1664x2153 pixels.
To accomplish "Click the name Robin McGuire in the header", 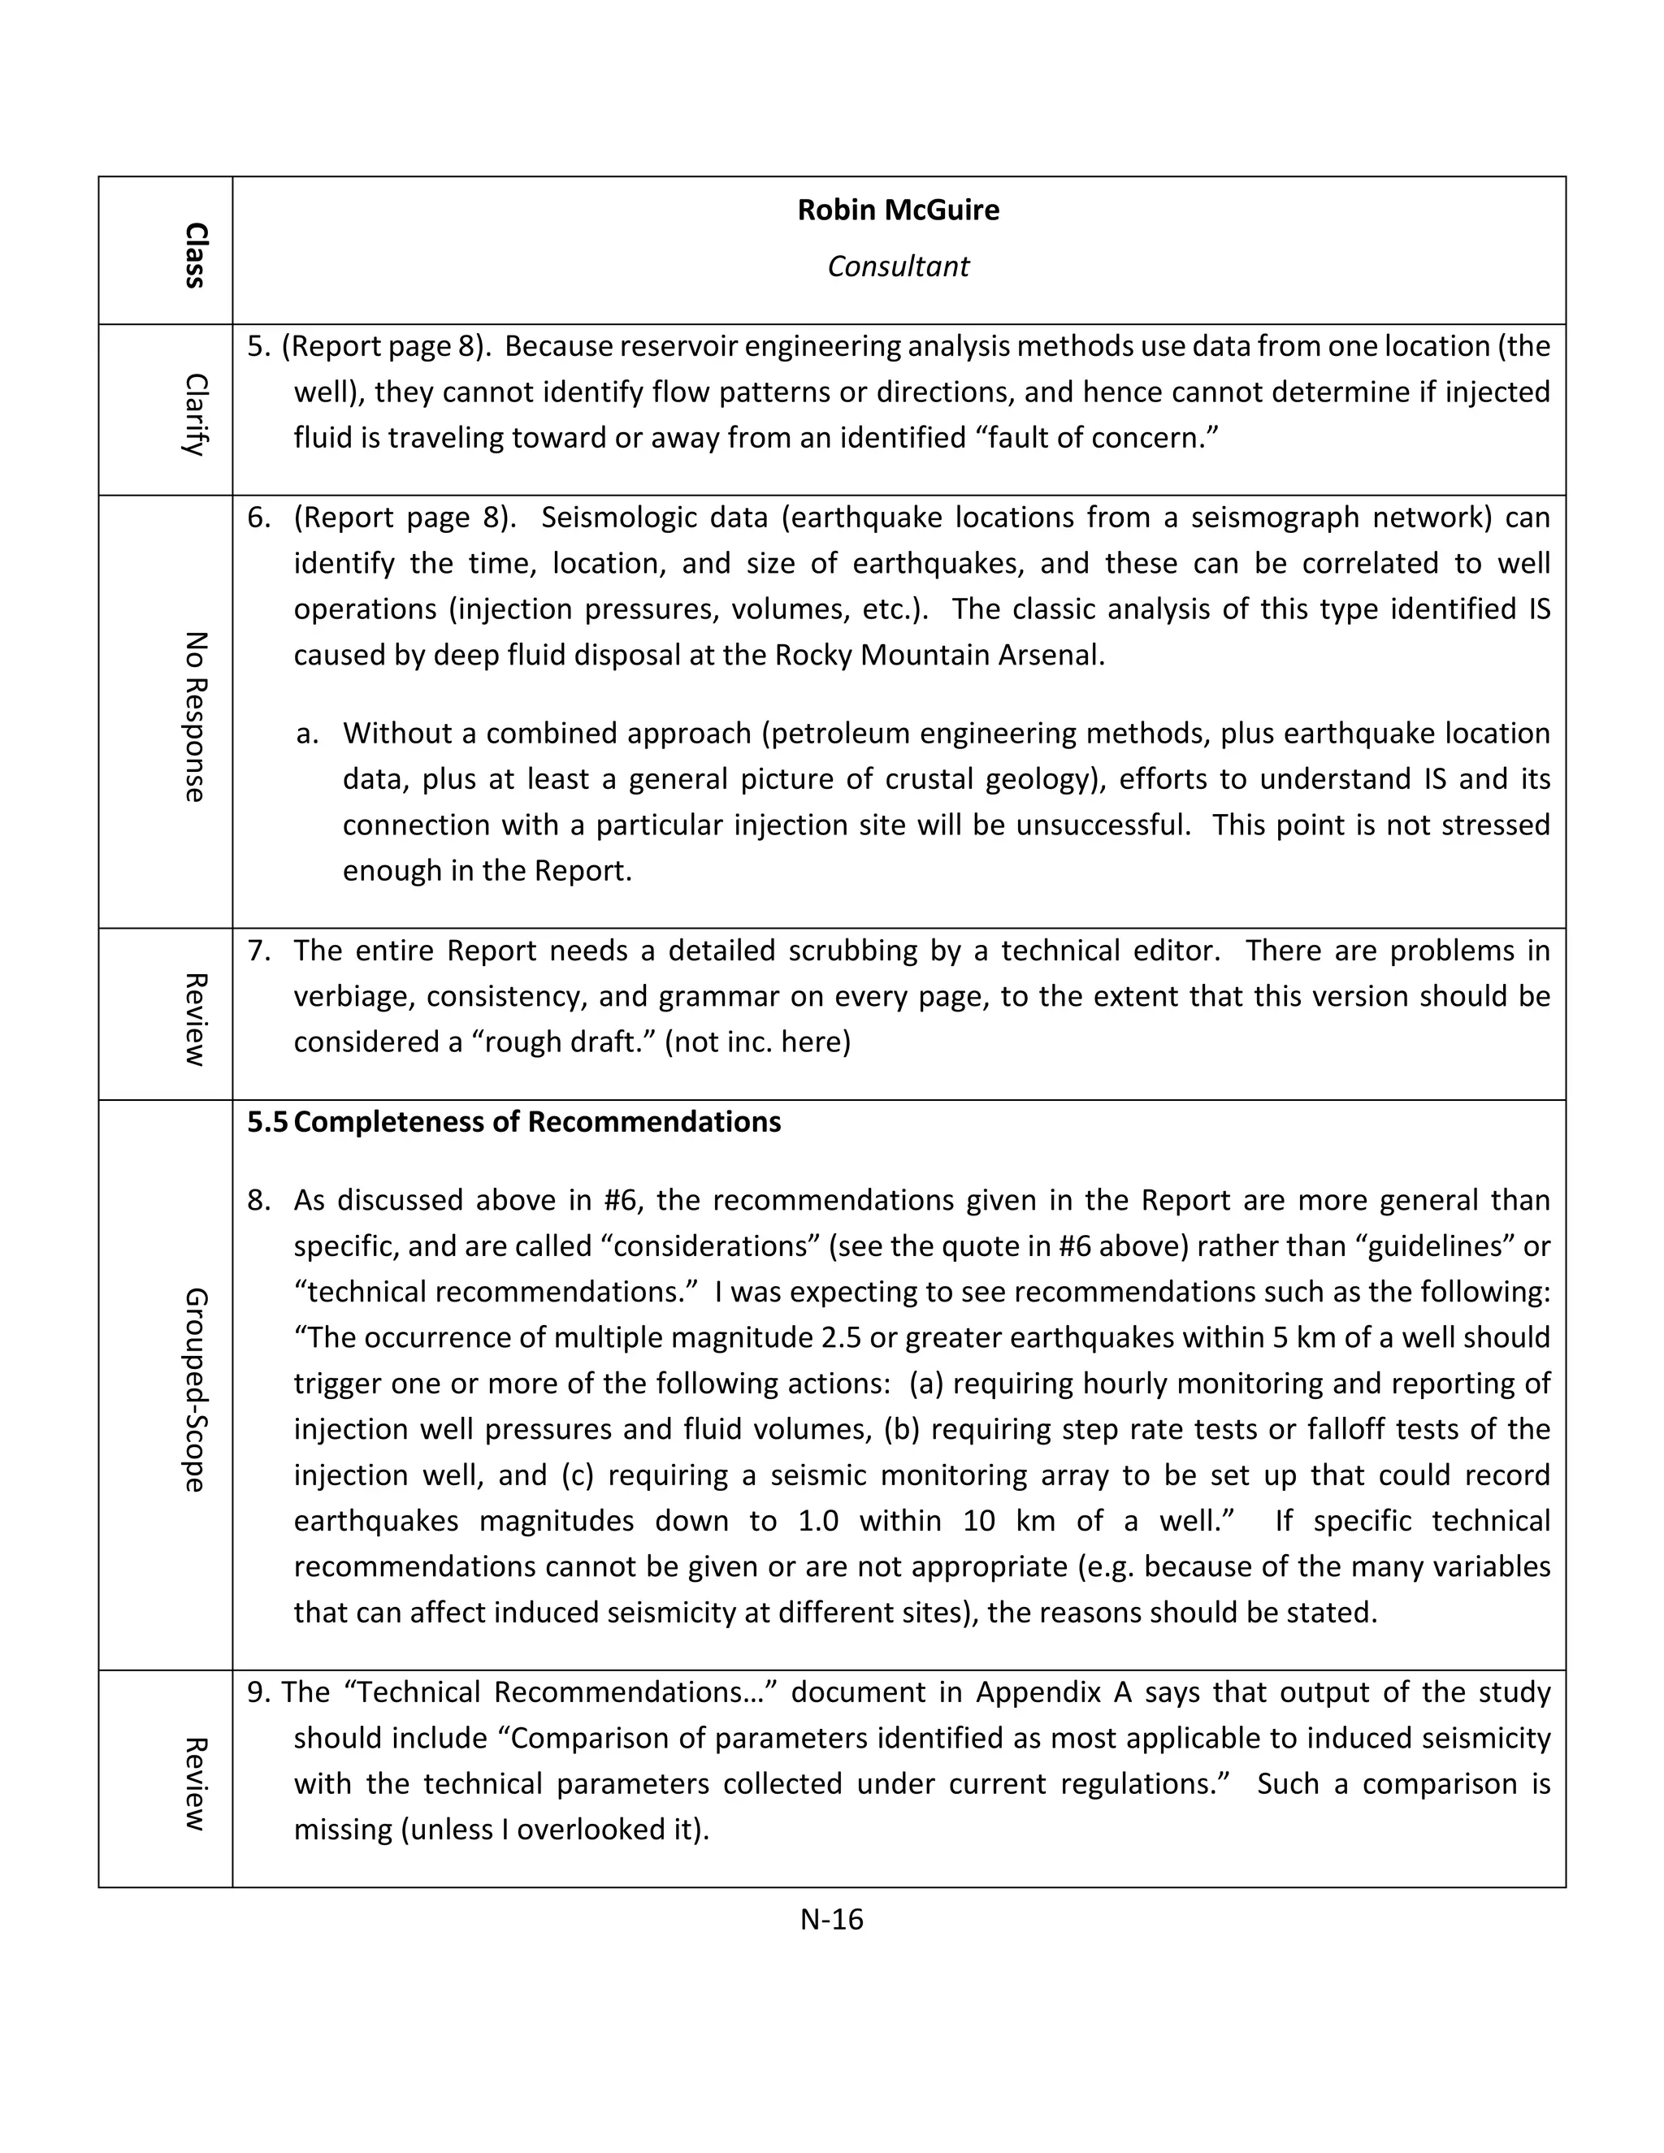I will tap(898, 210).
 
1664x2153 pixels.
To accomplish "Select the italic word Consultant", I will tap(898, 266).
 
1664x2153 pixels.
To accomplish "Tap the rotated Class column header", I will tap(195, 255).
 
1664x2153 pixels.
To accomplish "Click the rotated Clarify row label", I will tap(195, 414).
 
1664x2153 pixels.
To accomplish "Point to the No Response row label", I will tap(195, 717).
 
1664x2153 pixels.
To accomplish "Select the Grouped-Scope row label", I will tap(195, 1390).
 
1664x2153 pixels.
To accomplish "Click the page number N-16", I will tap(831, 1918).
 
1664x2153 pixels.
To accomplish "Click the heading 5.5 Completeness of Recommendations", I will tap(513, 1122).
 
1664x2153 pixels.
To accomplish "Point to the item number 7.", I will tap(258, 951).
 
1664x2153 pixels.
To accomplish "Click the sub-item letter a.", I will tap(306, 734).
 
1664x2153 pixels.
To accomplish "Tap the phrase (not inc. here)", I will tap(757, 1042).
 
